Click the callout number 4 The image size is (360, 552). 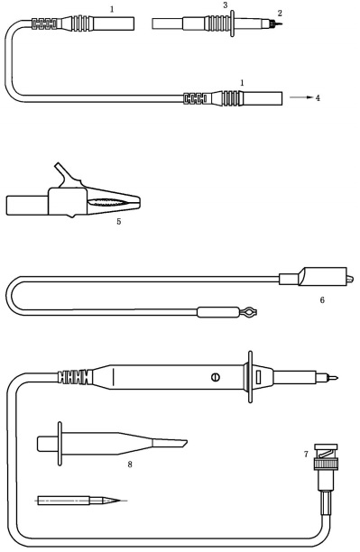pos(318,98)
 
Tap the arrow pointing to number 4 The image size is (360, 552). pos(301,97)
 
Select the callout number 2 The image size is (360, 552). pos(280,14)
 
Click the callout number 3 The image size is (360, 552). pos(226,5)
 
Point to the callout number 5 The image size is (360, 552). pos(119,222)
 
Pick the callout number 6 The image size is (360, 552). pos(322,300)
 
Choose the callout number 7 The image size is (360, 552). pos(306,454)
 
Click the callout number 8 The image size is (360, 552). pos(130,465)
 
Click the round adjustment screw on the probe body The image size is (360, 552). pos(216,377)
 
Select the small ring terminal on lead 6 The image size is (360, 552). pos(249,312)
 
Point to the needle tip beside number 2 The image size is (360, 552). pos(278,24)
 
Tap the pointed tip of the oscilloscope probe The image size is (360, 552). pos(333,378)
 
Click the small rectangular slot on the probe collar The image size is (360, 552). pos(258,377)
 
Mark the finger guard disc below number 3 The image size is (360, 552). pos(232,23)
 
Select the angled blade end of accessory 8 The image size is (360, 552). pos(170,443)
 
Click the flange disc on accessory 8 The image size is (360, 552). pos(60,444)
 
